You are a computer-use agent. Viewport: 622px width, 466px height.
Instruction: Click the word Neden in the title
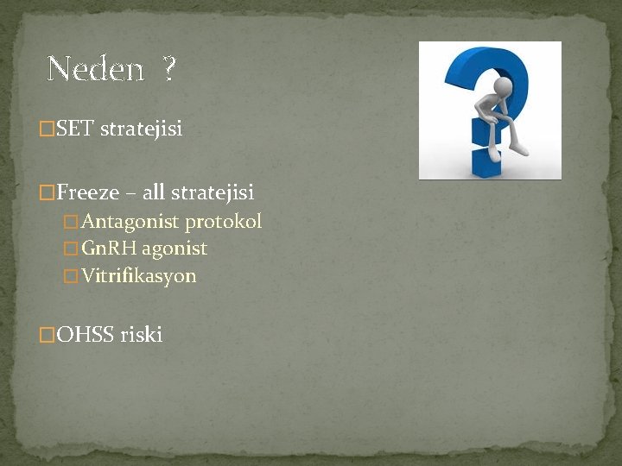tap(95, 69)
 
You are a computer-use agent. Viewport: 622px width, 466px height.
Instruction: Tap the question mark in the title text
tap(168, 69)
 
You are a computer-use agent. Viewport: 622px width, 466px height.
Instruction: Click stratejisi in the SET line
tap(142, 129)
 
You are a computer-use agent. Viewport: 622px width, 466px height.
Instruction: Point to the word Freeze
tap(88, 192)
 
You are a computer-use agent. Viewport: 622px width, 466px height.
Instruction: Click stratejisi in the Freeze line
tap(213, 192)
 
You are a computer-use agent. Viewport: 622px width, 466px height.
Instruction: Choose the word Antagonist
tap(130, 222)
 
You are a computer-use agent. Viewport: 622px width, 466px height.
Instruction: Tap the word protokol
tap(224, 222)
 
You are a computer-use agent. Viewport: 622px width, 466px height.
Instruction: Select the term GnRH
tap(110, 249)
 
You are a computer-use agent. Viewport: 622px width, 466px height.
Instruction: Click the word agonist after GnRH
tap(175, 249)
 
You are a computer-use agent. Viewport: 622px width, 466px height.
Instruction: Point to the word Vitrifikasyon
tap(139, 277)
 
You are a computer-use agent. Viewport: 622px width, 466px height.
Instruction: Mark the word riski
tap(142, 335)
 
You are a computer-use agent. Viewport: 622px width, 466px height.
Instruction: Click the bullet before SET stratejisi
tap(48, 130)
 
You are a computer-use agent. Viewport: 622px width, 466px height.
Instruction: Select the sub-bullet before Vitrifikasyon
tap(72, 277)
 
